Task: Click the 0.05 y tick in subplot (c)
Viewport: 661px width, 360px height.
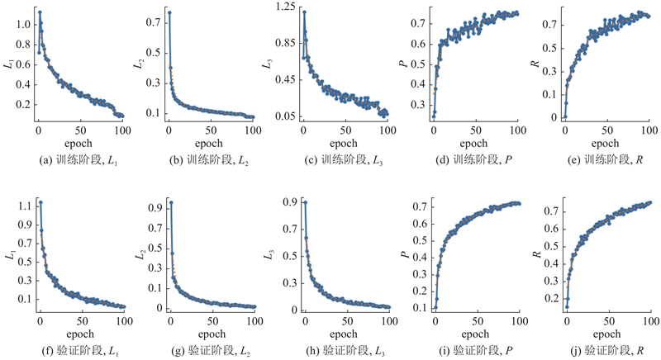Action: (x=285, y=116)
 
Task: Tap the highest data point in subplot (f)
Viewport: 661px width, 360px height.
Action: (x=40, y=202)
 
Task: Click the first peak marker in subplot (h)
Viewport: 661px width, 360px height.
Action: (x=305, y=202)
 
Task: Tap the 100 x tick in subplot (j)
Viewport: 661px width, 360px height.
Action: (x=649, y=322)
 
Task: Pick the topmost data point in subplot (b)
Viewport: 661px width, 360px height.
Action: (x=169, y=12)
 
